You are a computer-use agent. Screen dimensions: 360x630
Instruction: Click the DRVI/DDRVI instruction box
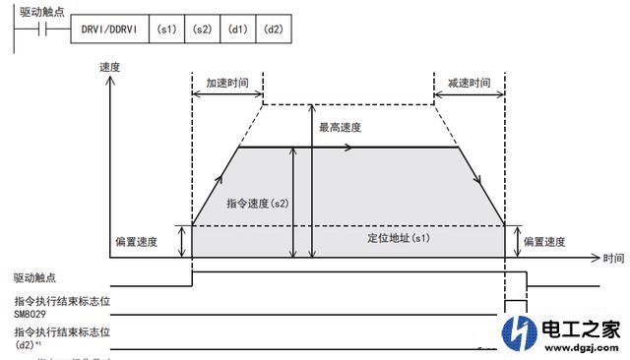pyautogui.click(x=109, y=30)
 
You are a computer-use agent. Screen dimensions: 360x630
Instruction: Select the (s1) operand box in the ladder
pyautogui.click(x=166, y=30)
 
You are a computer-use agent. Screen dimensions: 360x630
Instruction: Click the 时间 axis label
pyautogui.click(x=613, y=258)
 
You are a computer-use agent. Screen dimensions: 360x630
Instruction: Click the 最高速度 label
pyautogui.click(x=340, y=128)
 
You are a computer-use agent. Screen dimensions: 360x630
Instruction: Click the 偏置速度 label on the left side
pyautogui.click(x=137, y=241)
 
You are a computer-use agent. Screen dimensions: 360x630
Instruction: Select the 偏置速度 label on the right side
pyautogui.click(x=545, y=241)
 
